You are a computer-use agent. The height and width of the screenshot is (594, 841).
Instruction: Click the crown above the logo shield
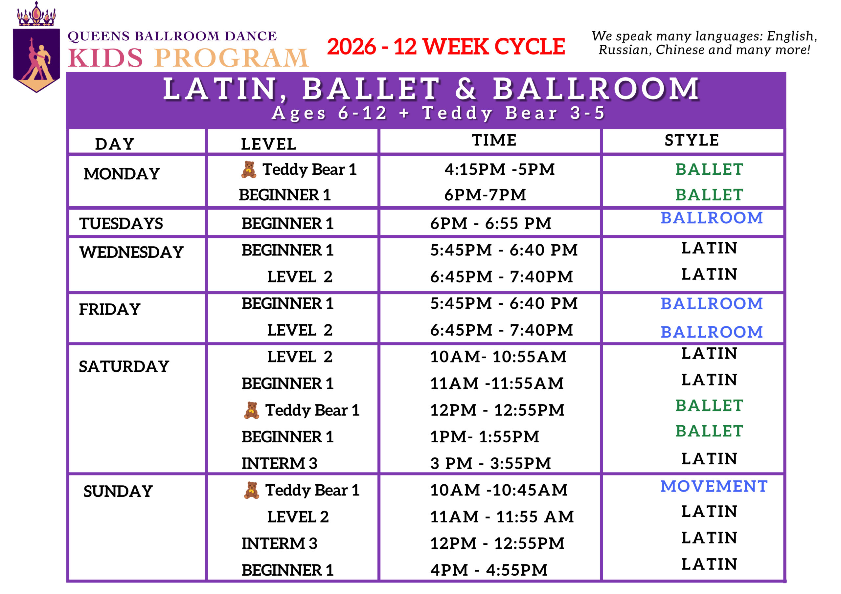coord(36,15)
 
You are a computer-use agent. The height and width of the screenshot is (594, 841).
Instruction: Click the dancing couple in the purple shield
coord(36,58)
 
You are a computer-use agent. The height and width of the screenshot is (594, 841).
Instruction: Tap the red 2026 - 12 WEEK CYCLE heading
coord(446,47)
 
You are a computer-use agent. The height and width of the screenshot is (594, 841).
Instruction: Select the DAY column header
coord(115,144)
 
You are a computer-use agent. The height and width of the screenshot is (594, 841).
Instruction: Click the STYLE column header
coord(692,140)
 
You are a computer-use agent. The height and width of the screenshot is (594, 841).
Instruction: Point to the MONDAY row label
coord(122,174)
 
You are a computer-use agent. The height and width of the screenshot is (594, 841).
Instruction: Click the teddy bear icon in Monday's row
coord(249,169)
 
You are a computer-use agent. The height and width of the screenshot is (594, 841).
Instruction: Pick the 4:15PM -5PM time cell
coord(499,169)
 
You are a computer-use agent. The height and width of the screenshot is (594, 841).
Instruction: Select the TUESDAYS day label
coord(121,223)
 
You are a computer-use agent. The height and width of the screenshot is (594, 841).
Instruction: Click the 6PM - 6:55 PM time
coord(490,223)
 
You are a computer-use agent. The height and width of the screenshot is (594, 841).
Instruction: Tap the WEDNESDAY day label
coord(131,252)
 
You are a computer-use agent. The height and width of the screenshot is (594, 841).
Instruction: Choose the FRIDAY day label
coord(109,309)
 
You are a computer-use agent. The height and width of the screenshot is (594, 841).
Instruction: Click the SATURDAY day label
coord(124,366)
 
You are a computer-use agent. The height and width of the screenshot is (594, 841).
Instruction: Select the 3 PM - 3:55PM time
coord(490,464)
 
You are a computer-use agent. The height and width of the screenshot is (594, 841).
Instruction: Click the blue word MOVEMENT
coord(714,486)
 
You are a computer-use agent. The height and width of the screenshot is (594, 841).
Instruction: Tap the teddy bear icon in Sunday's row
coord(251,490)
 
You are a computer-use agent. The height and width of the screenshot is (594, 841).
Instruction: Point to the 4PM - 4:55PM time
coord(489,570)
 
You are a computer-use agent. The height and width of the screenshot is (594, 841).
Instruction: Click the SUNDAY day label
coord(118,492)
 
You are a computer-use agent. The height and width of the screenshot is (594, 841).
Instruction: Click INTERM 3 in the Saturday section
coord(279,464)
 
